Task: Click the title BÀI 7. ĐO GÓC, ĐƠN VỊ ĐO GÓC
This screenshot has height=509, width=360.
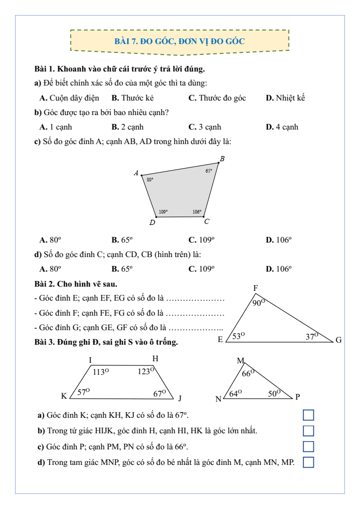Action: tap(179, 40)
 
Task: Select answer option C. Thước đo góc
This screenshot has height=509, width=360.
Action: tap(217, 97)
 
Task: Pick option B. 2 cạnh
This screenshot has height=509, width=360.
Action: tap(127, 126)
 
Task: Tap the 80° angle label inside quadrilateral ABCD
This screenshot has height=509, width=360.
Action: tap(150, 179)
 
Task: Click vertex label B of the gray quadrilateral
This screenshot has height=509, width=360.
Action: tap(222, 159)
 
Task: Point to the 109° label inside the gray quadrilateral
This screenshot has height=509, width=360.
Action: tap(163, 211)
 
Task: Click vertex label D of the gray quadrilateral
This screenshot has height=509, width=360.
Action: tap(152, 223)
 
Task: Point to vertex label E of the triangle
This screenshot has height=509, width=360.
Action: tap(220, 340)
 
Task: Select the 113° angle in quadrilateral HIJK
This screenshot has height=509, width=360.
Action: tap(101, 372)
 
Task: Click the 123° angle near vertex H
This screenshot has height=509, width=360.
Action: tap(146, 371)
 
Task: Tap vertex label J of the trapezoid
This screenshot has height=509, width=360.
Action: tap(180, 398)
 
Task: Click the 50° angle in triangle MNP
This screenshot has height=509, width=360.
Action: tap(274, 393)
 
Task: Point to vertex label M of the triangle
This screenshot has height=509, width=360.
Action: tap(240, 361)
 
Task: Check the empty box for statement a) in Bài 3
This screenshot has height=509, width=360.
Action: tap(308, 415)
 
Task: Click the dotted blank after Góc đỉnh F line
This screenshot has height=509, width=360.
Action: tap(196, 313)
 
